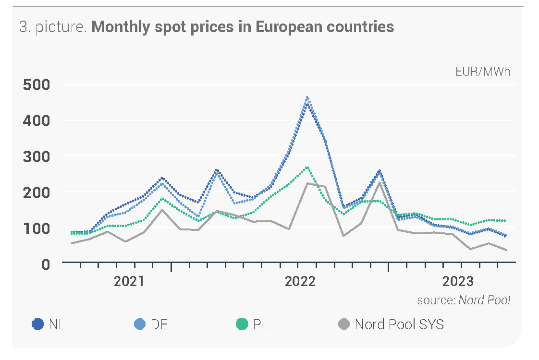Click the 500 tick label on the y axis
coord(36,85)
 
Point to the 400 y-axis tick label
coord(36,120)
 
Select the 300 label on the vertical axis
coord(36,156)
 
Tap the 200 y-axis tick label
coord(36,192)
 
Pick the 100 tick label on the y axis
coord(36,228)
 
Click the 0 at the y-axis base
coord(45,264)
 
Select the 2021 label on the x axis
coord(129,281)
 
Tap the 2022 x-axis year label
coord(300,281)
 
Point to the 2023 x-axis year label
coord(458,281)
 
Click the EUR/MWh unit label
coord(483,72)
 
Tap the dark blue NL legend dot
coord(37,324)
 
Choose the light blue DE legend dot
coord(140,324)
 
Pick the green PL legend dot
coord(242,324)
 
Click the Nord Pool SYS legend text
coord(399,324)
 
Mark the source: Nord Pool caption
coord(463,300)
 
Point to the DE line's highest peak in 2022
coord(307,97)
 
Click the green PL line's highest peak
coord(307,168)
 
